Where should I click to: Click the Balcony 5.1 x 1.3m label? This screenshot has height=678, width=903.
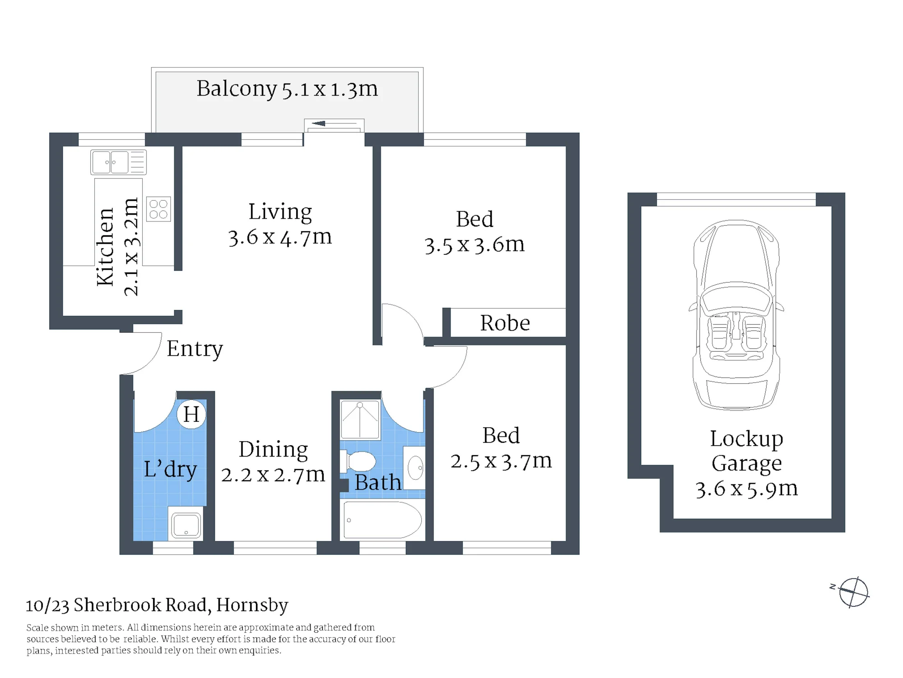coord(287,89)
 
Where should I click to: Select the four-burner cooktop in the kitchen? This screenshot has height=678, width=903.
coord(158,209)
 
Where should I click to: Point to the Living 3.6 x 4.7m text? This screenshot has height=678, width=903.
coord(280,224)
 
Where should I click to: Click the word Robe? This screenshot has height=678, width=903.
coord(505,323)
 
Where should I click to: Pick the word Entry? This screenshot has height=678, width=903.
coord(195,348)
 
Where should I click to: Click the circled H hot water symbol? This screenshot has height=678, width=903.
coord(191,414)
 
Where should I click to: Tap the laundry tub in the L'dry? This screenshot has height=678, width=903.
coord(186,523)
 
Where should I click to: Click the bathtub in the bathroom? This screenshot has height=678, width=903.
coord(382,519)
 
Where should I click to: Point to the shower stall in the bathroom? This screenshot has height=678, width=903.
coord(360,419)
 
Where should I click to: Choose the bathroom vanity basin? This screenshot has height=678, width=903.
coord(414,468)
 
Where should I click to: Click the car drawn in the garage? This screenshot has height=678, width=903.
coord(736,315)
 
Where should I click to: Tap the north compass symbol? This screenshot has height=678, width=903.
coord(852,592)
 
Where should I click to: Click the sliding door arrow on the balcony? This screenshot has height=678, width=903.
coord(334,123)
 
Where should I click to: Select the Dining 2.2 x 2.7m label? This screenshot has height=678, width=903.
coord(273,462)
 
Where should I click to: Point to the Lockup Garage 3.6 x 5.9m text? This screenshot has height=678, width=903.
coord(746,464)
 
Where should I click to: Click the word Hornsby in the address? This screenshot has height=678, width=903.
coord(252,605)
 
